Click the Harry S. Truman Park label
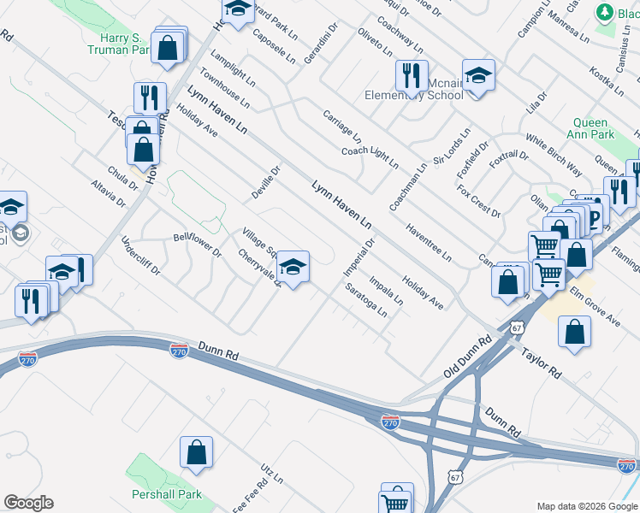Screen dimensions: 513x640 click(x=119, y=44)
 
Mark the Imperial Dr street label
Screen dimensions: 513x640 click(x=360, y=256)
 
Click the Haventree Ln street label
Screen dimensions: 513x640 click(x=429, y=242)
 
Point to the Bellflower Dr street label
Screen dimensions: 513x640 click(x=197, y=245)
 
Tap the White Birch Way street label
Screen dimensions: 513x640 click(x=554, y=155)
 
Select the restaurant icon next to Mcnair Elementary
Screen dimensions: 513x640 click(x=412, y=77)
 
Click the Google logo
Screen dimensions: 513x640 click(x=28, y=503)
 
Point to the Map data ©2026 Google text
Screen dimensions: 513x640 click(x=586, y=506)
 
